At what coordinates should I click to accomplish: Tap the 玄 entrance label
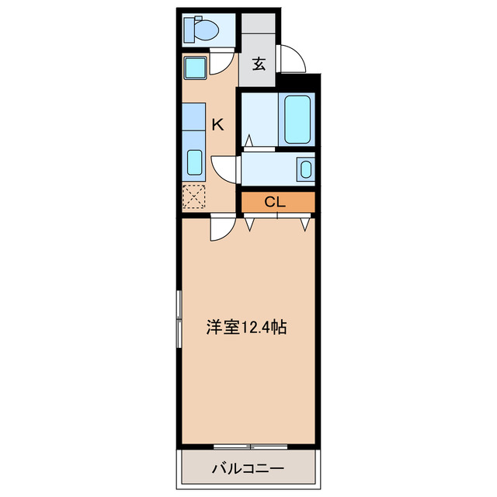(259, 64)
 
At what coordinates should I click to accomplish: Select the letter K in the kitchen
(218, 123)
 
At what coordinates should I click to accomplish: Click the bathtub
(297, 119)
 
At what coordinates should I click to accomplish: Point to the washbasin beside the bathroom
(305, 169)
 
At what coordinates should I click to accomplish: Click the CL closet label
(276, 202)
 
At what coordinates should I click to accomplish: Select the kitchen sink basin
(195, 164)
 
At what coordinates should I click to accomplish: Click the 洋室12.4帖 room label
(247, 327)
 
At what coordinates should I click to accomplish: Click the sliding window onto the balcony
(250, 446)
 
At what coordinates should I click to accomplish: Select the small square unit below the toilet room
(194, 68)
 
